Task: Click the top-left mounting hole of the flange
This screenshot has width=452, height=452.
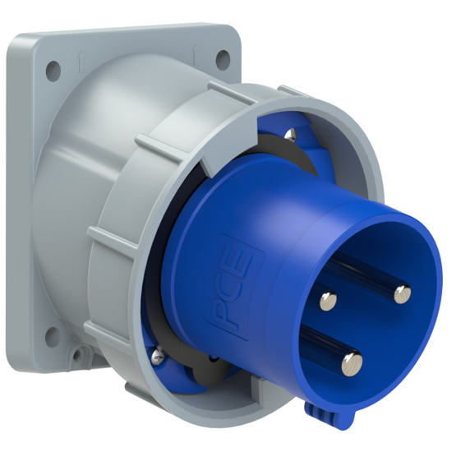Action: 53,69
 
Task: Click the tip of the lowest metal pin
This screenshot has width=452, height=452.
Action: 351,359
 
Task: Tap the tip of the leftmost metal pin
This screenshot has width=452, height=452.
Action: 328,298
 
